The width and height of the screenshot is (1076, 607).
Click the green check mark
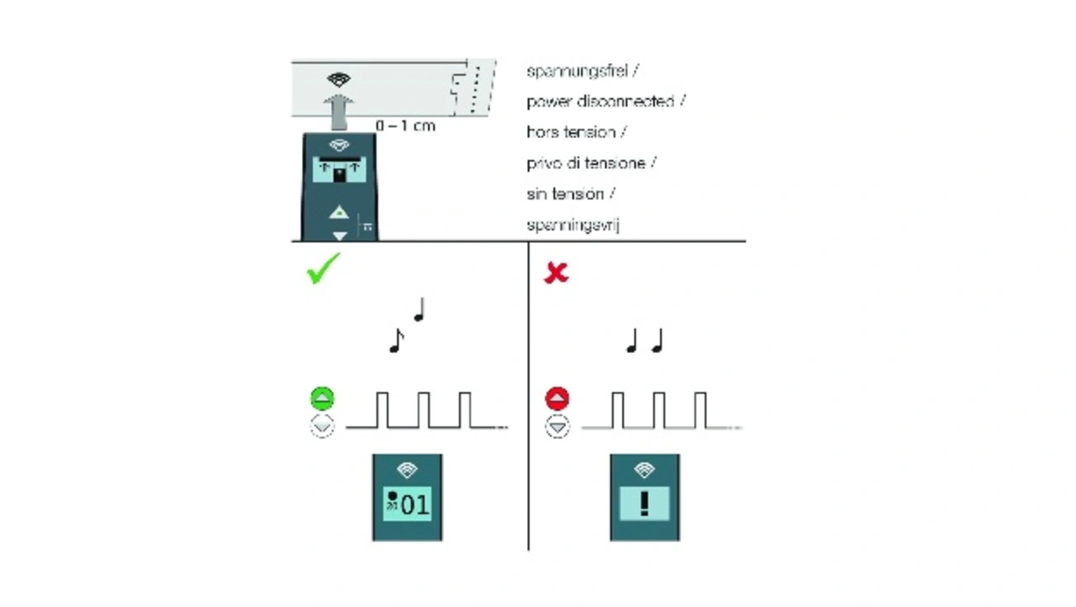coord(324,268)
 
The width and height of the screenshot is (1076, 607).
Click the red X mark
coord(556,272)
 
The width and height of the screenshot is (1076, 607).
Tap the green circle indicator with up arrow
coord(322,399)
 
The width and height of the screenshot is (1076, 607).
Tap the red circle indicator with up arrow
coord(557,399)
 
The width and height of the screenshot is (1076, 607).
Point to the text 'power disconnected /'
coord(605,102)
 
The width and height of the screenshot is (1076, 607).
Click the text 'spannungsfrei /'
coord(583,71)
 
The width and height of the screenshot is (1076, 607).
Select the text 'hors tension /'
coord(576,132)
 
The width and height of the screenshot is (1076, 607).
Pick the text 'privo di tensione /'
coord(591,163)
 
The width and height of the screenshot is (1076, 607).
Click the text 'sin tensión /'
coord(571,194)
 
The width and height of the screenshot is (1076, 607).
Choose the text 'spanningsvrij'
coord(572,225)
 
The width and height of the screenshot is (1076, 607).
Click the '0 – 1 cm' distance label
coord(406,125)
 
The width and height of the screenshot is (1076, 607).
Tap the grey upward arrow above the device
coord(338,111)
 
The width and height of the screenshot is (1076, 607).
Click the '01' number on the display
coord(414,504)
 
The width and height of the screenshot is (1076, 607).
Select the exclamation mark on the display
coord(645,503)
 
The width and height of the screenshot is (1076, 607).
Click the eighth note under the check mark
coord(396,340)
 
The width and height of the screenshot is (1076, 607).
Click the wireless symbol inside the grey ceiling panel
coord(339,80)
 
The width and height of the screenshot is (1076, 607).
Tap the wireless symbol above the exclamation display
coord(645,469)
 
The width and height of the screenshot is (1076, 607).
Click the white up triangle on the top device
coord(339,212)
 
